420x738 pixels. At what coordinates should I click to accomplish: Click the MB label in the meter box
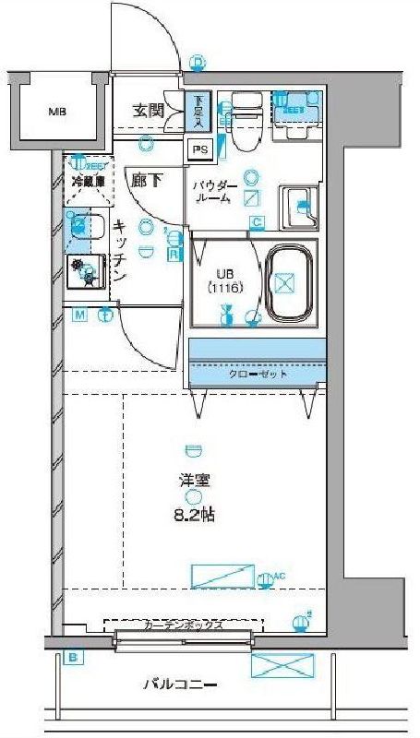click(57, 113)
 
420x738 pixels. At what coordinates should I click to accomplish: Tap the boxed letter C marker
click(257, 221)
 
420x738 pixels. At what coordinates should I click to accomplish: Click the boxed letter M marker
click(80, 315)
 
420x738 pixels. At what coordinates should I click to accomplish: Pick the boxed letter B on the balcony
click(70, 658)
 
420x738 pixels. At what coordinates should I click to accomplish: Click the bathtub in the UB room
click(290, 281)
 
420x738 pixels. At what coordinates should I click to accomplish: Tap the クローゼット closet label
click(258, 375)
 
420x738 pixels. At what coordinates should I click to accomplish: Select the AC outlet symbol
click(266, 579)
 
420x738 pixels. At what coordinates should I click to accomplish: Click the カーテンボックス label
click(183, 625)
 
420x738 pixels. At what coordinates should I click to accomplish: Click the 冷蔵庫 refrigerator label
click(86, 182)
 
